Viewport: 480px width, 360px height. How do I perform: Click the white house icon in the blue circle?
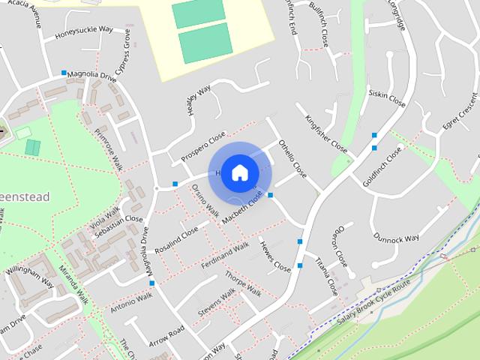tap(239, 172)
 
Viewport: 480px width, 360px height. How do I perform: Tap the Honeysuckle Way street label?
tap(83, 32)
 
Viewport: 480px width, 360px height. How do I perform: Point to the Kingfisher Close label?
tap(326, 133)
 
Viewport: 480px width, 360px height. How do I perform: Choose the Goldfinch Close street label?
tap(383, 166)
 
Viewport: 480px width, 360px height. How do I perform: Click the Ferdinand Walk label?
tap(225, 256)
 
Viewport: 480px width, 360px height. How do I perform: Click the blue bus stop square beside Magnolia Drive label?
tap(64, 73)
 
